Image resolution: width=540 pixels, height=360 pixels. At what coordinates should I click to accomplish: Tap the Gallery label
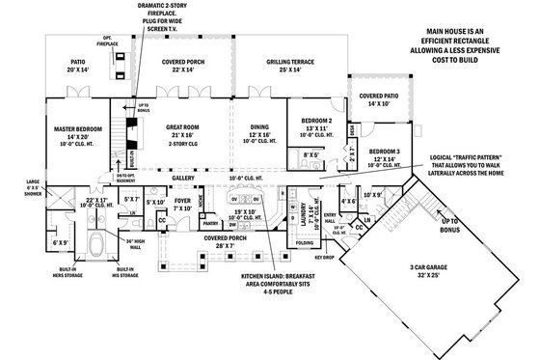184,179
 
